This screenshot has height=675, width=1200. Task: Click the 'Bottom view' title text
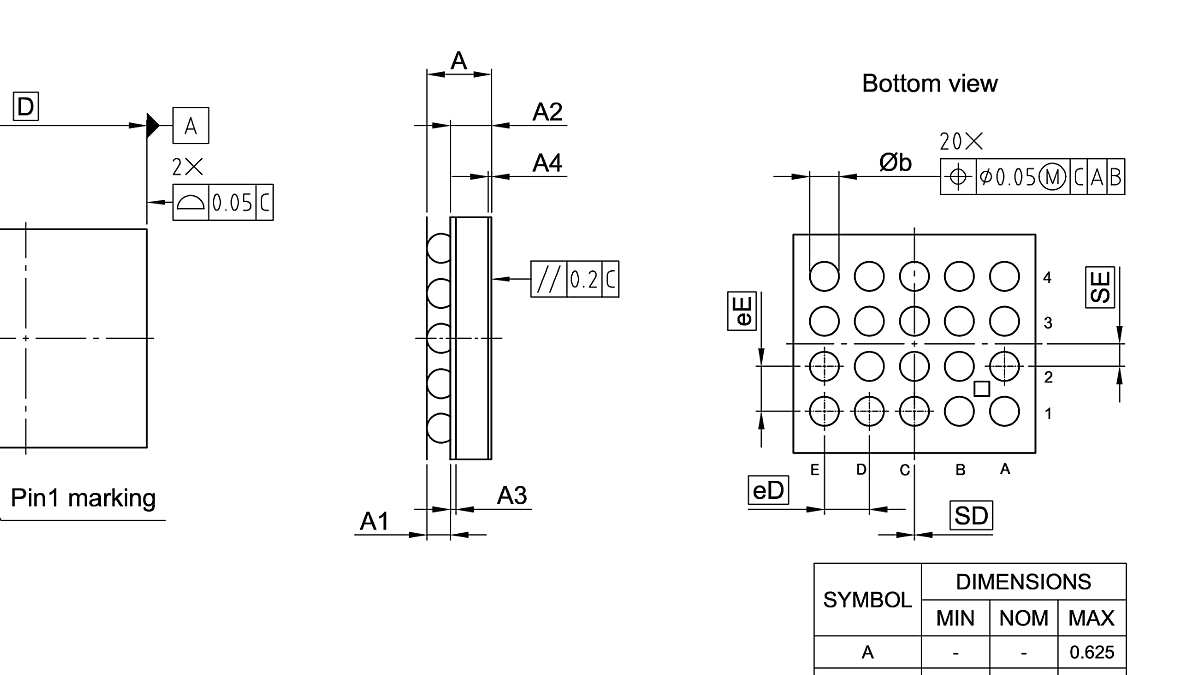929,84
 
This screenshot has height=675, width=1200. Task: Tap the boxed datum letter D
25,106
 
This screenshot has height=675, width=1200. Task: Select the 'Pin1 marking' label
83,498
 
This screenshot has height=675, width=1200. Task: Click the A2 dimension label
547,112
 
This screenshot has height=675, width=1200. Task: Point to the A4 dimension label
547,163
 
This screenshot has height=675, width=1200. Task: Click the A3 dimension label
512,495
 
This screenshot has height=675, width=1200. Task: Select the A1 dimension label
374,522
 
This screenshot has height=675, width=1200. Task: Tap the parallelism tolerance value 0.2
584,279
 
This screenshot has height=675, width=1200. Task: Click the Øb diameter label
895,162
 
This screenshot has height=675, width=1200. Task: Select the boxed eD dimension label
768,490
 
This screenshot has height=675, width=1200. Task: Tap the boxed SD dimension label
970,516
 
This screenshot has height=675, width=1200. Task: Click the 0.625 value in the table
1091,653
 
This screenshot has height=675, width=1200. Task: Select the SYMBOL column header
867,600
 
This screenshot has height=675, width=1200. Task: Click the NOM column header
1023,618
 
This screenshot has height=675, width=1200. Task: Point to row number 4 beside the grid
1047,278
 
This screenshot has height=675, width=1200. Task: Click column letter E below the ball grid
815,469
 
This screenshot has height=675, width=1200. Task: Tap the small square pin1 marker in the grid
981,389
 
